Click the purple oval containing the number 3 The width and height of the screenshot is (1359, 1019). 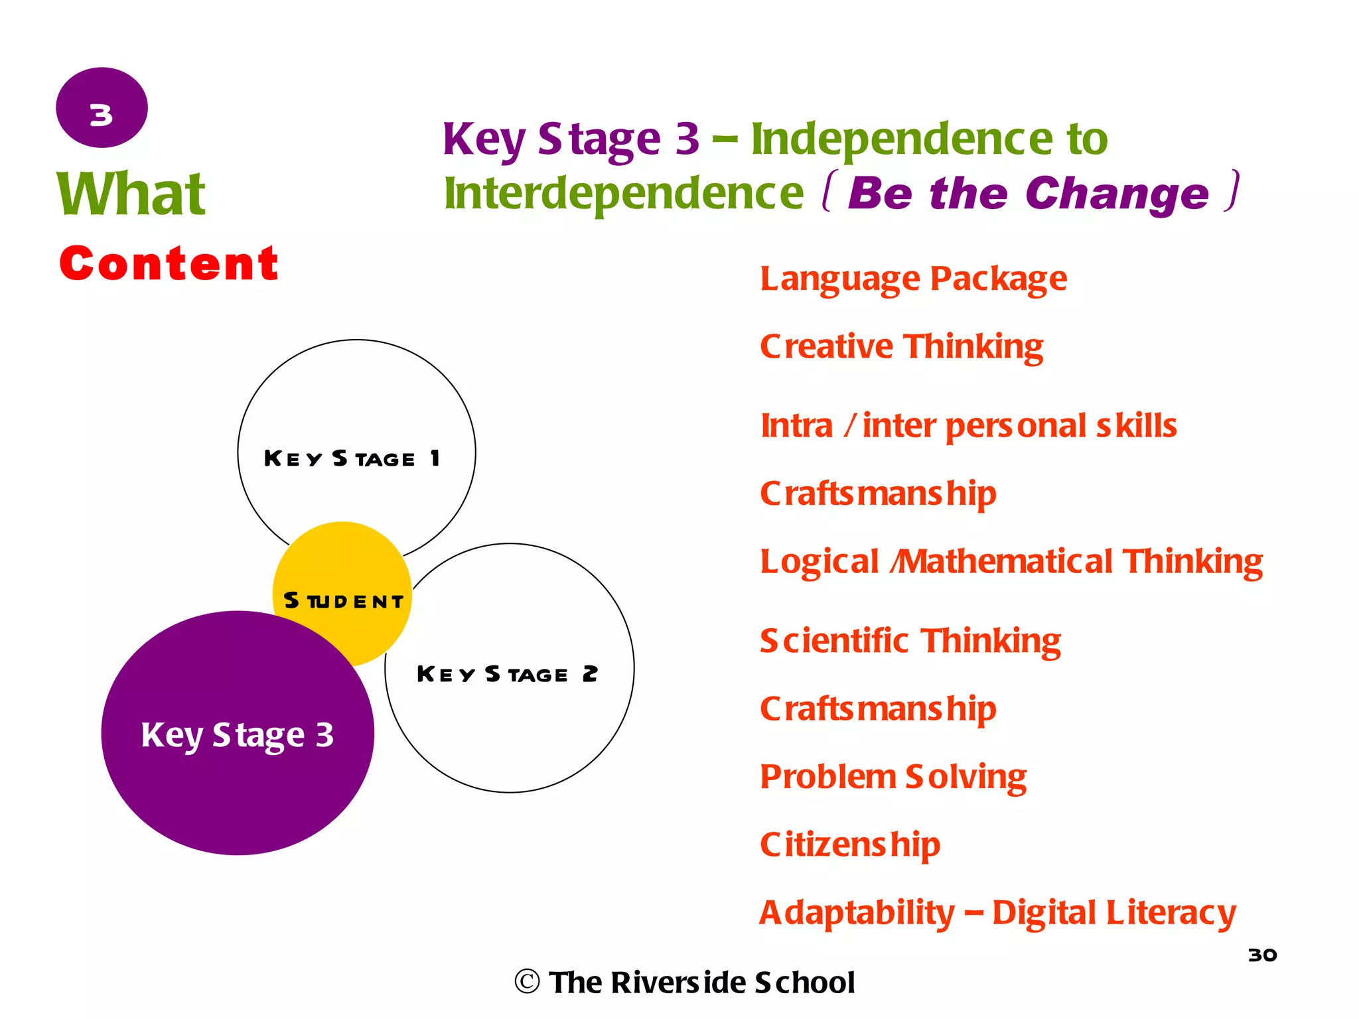click(102, 107)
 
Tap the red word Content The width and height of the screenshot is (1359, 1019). click(169, 263)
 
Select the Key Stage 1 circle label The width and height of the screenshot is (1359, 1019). click(352, 458)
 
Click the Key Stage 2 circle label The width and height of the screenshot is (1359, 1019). click(507, 674)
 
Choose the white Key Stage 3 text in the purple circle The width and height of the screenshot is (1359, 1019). click(237, 735)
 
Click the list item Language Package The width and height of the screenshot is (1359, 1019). click(913, 279)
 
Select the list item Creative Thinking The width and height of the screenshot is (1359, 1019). click(901, 347)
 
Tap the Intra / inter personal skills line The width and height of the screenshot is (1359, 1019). click(968, 426)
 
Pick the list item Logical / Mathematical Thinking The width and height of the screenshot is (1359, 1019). click(1011, 562)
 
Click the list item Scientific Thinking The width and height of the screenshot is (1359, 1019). click(910, 642)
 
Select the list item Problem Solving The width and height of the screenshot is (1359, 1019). click(893, 777)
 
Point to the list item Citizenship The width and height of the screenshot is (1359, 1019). click(850, 845)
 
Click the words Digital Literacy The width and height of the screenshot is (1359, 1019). click(1114, 913)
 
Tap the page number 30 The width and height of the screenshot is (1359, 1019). click(1262, 955)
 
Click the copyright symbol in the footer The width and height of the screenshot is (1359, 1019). click(527, 982)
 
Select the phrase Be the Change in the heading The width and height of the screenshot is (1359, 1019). click(1028, 193)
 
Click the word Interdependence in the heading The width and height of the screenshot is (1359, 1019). click(624, 193)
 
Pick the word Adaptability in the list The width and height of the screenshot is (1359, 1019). click(857, 913)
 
